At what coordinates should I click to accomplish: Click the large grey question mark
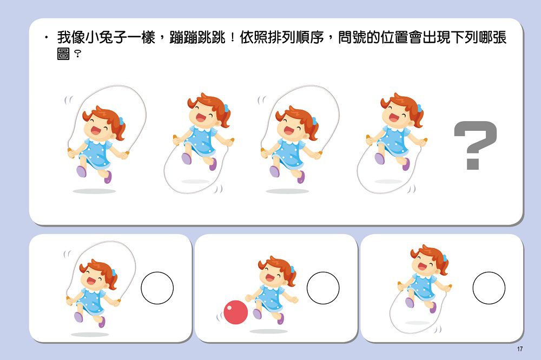click(474, 144)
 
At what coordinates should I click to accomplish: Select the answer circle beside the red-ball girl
click(323, 288)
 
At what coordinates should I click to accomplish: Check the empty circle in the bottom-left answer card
click(157, 288)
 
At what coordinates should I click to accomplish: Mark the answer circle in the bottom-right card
click(489, 288)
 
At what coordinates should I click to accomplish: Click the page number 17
click(520, 349)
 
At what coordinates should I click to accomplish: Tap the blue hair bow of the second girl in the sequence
click(226, 108)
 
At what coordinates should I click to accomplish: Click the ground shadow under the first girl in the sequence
click(94, 191)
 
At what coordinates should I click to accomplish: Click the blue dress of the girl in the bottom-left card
click(92, 299)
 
